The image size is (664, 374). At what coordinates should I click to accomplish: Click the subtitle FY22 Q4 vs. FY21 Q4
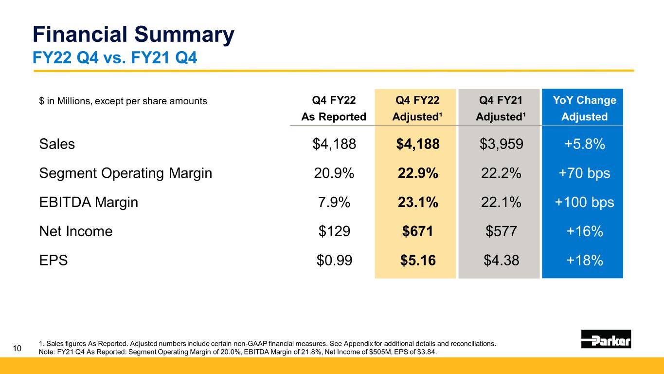[x=114, y=59]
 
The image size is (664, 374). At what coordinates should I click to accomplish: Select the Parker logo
[x=606, y=339]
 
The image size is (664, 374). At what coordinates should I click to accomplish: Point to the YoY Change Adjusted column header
[x=582, y=109]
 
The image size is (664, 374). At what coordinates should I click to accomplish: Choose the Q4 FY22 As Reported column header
[x=333, y=109]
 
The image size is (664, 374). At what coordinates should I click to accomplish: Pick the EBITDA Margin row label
[x=89, y=202]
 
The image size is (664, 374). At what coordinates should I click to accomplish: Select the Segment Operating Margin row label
[x=126, y=173]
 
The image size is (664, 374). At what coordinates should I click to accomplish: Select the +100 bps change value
[x=582, y=202]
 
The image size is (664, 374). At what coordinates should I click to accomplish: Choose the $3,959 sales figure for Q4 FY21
[x=500, y=144]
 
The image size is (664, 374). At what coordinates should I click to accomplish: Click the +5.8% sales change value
[x=582, y=144]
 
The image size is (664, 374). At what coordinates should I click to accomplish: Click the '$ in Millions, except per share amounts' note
[x=123, y=101]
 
